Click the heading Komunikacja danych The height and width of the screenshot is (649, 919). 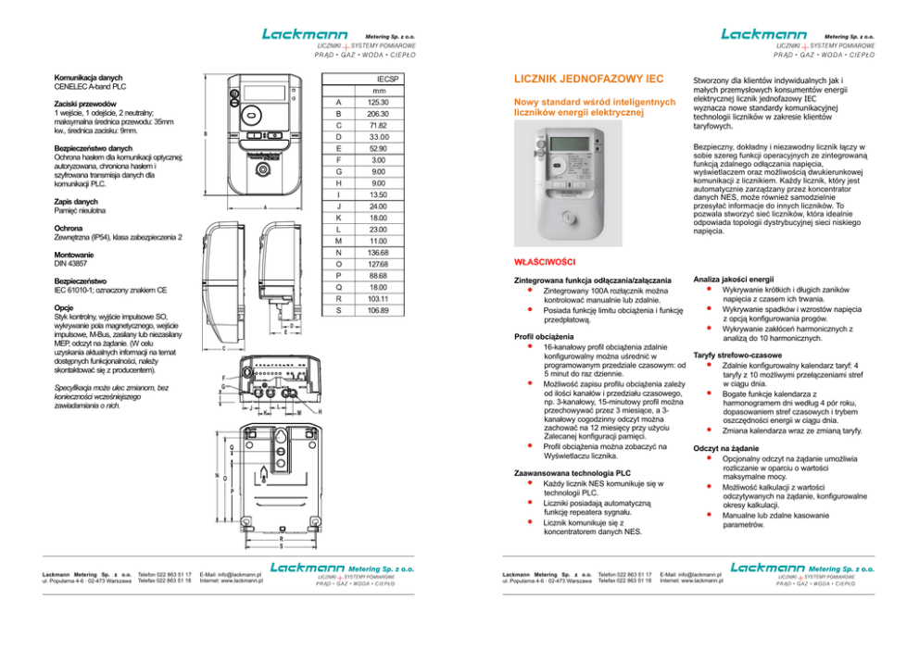pos(88,77)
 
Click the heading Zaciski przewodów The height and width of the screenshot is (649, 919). pos(84,104)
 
